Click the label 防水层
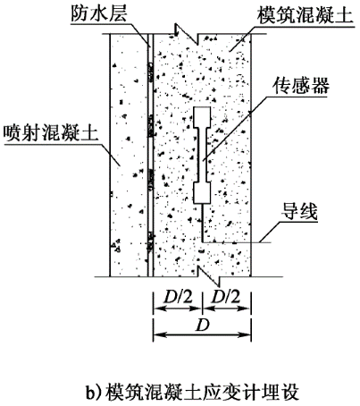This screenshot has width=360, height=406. point(98,13)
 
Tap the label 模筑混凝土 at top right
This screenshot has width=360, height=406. point(305,15)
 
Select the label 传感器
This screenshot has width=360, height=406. point(301,86)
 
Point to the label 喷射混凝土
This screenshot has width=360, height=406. point(51,132)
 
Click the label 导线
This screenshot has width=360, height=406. point(299,211)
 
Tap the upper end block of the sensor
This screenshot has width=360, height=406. point(203,117)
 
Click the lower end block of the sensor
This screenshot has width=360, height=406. point(202,193)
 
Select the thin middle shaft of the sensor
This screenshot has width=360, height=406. point(203,155)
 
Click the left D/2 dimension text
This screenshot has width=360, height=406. point(179,297)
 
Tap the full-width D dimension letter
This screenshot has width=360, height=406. point(203,326)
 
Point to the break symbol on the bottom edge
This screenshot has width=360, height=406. point(208,276)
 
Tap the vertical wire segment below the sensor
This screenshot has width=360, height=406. point(203,223)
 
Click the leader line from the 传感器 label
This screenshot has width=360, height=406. point(235,129)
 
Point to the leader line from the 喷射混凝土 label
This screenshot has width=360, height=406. point(112,155)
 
